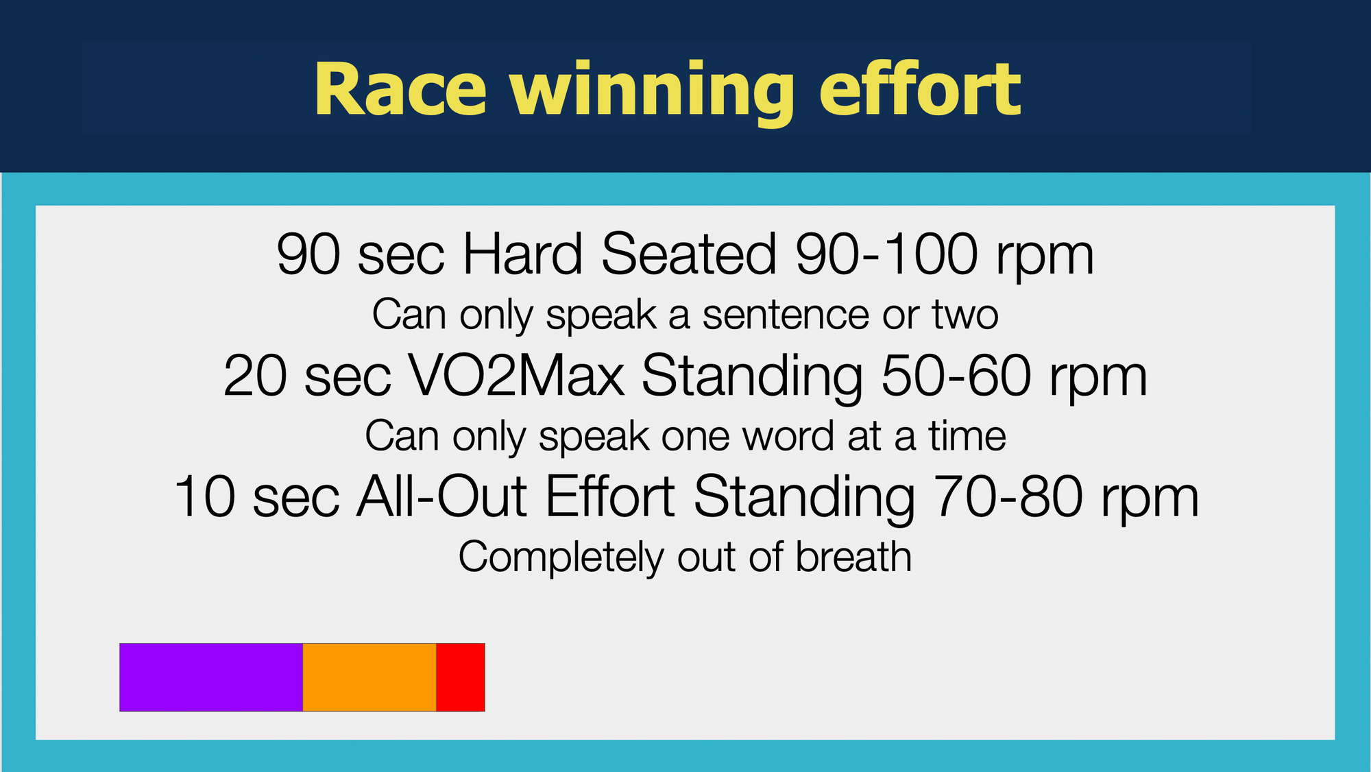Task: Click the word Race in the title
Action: click(x=400, y=90)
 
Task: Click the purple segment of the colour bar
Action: click(x=211, y=677)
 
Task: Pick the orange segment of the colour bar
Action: click(x=369, y=677)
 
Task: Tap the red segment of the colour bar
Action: click(x=461, y=677)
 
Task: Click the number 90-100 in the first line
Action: click(x=887, y=254)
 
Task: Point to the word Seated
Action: click(x=689, y=254)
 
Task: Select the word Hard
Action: click(x=523, y=254)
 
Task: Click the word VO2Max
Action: click(x=516, y=376)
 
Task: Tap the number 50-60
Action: click(x=956, y=376)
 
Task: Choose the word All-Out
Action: click(x=441, y=496)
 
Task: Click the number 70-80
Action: click(x=1009, y=496)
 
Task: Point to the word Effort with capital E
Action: click(x=610, y=496)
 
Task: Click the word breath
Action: click(x=853, y=556)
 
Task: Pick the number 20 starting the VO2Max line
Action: click(x=255, y=376)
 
